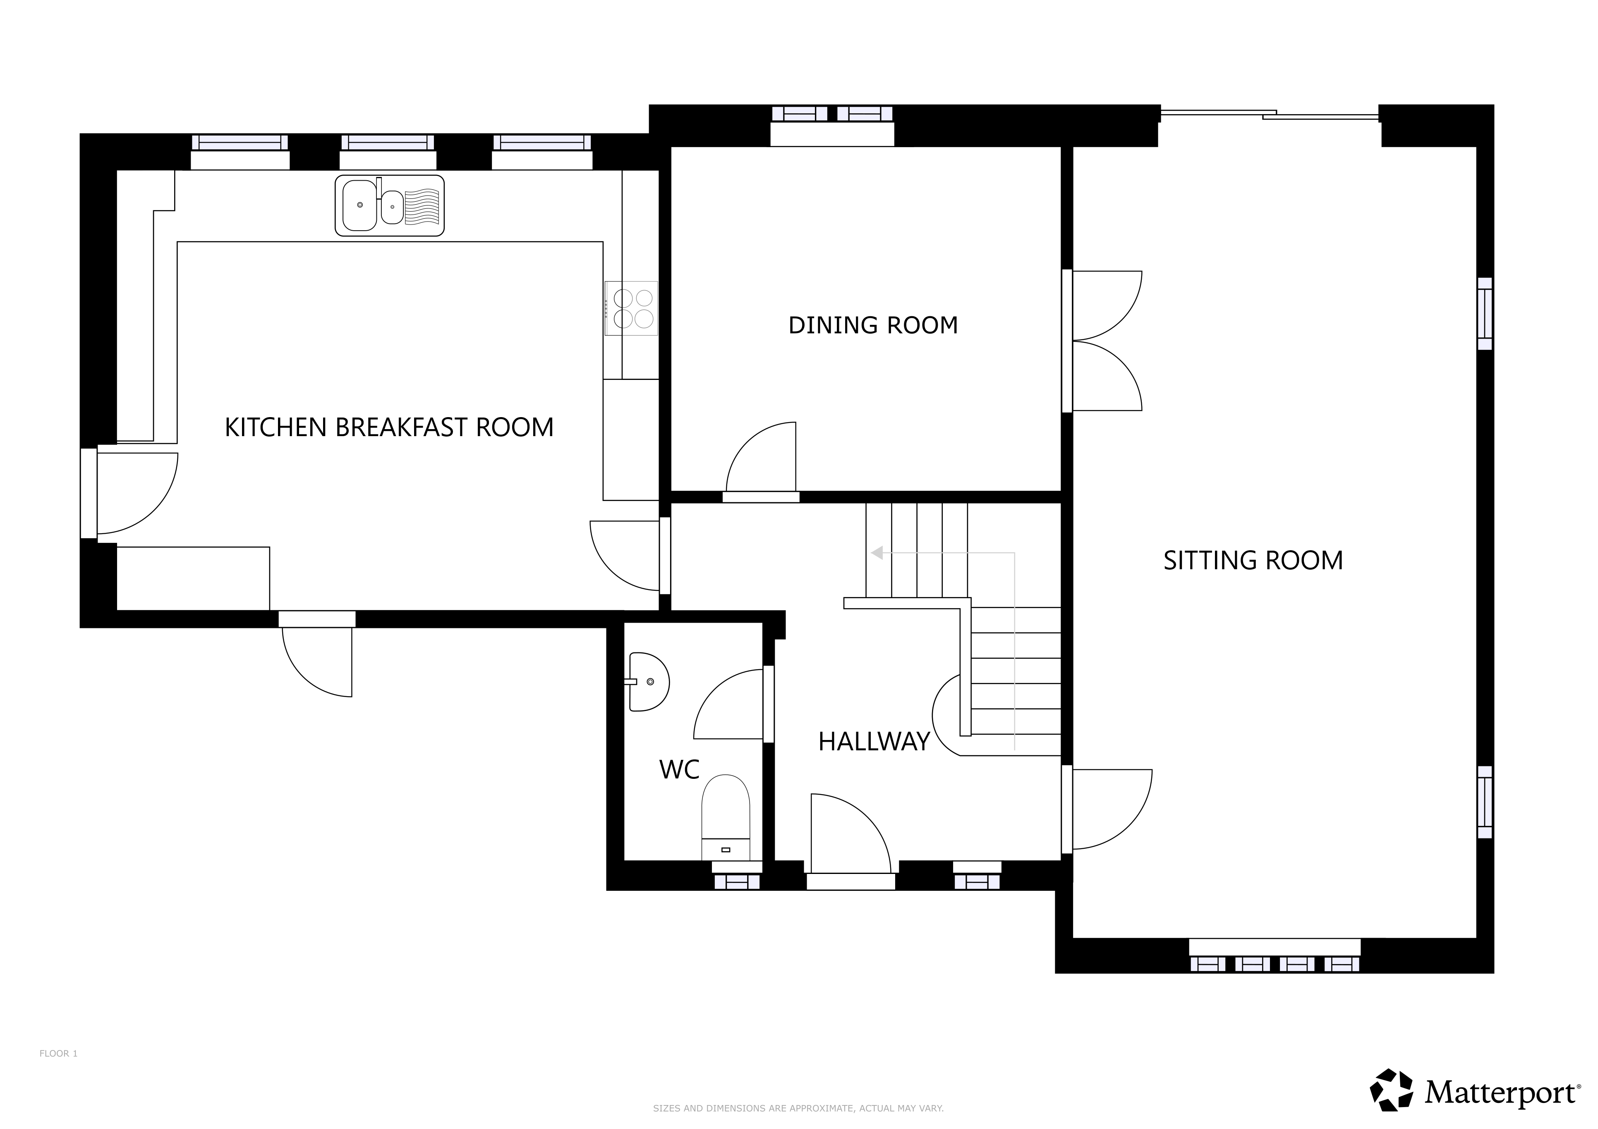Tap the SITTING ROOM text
click(x=1253, y=561)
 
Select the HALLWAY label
click(x=874, y=742)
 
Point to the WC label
click(x=679, y=769)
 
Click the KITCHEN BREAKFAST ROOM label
click(x=389, y=427)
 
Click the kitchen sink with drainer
click(x=390, y=205)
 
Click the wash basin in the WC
click(x=649, y=682)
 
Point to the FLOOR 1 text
click(x=58, y=1054)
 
